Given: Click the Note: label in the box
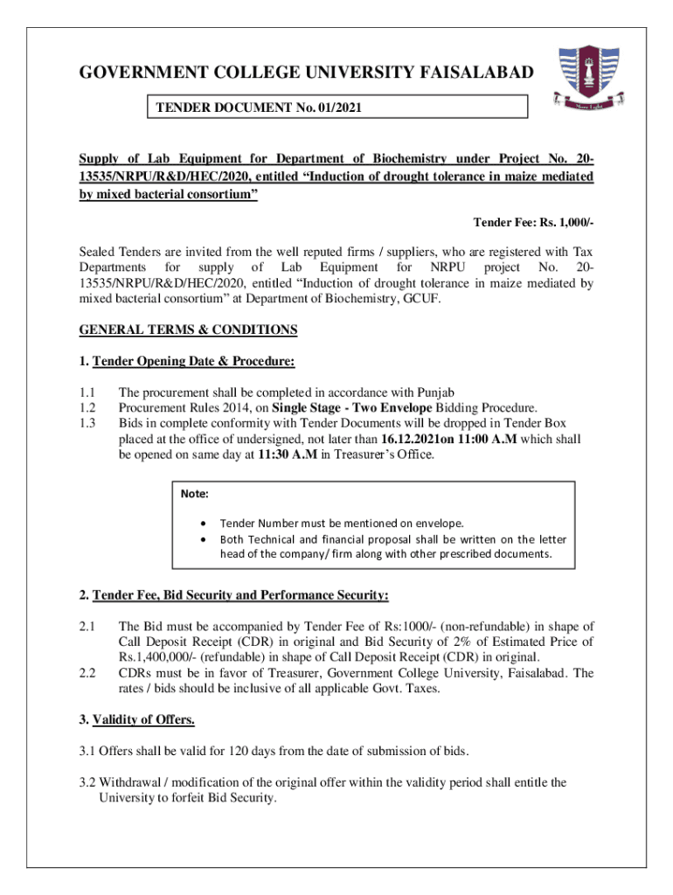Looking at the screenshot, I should [194, 494].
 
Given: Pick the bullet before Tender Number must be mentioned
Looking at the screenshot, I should [203, 523].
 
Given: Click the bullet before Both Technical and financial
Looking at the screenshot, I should [203, 538].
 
